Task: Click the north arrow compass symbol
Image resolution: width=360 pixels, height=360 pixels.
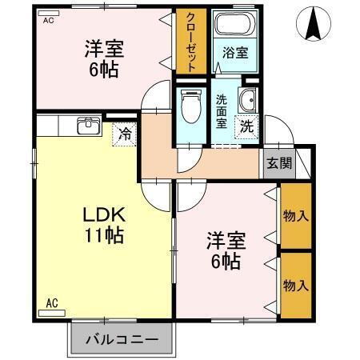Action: coord(312,25)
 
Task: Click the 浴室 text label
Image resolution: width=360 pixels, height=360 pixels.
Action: coord(234,54)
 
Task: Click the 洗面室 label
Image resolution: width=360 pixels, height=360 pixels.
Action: coord(222,111)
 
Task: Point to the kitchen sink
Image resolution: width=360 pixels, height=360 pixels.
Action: coord(87,126)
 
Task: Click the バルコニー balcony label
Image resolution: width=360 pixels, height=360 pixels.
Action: coord(122,339)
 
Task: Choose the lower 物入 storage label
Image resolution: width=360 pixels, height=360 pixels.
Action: coord(295,285)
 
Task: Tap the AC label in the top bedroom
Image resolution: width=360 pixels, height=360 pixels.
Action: coord(49,19)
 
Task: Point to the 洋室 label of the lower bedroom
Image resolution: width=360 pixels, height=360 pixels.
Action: coord(225,240)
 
